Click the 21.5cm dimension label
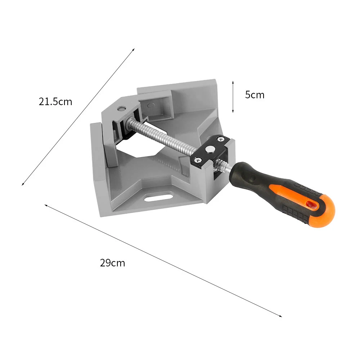(x=55, y=102)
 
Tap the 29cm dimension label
(x=112, y=263)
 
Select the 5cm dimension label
(x=255, y=95)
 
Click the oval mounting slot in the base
(x=158, y=197)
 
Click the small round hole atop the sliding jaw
(x=121, y=108)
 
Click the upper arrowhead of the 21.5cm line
(x=134, y=49)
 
